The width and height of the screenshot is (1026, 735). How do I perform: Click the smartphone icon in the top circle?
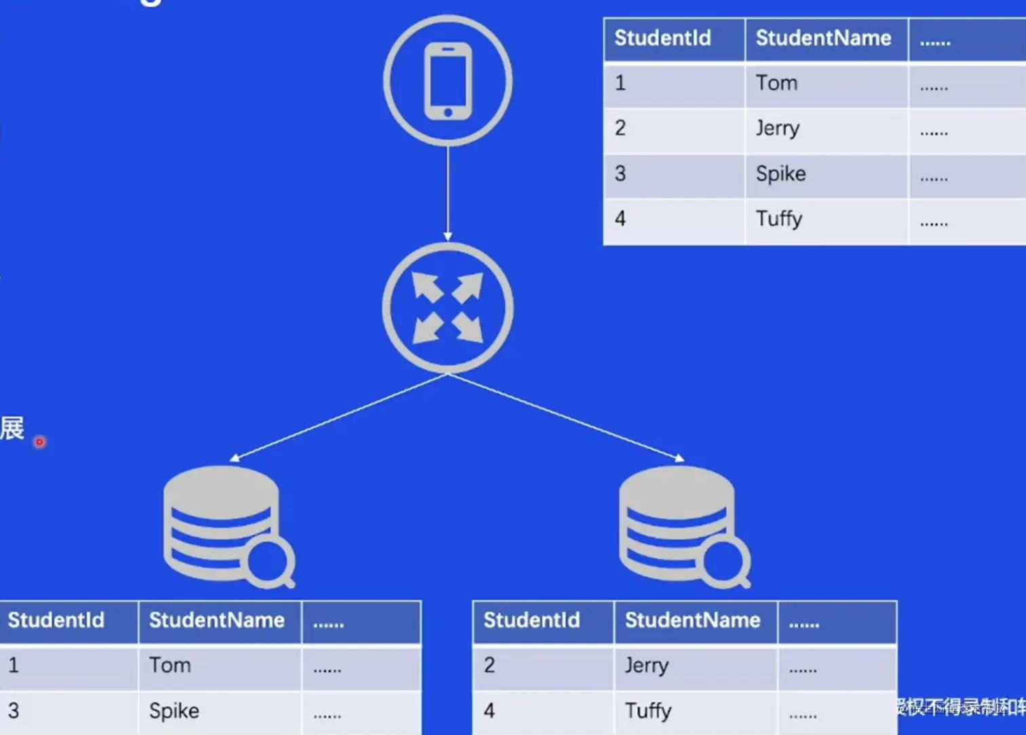point(448,81)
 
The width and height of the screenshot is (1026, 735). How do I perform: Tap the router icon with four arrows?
point(448,307)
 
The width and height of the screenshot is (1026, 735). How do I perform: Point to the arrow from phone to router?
point(448,193)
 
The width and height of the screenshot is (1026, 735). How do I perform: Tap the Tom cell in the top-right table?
point(776,83)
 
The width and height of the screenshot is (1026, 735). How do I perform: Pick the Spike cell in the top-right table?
point(780,174)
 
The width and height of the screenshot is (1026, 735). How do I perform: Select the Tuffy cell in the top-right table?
point(779,219)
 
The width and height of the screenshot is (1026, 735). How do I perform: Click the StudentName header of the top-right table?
point(823,38)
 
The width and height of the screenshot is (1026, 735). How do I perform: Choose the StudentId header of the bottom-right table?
point(531,620)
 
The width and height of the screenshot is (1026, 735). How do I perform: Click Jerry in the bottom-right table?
point(646,665)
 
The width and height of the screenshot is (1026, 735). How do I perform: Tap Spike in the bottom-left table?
point(174,711)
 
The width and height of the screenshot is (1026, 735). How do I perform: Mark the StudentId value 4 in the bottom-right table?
point(489,711)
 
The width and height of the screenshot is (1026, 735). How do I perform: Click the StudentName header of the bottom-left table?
point(216,620)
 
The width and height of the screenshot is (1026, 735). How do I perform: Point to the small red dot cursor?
point(39,442)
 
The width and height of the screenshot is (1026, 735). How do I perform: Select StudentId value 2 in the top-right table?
point(620,128)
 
